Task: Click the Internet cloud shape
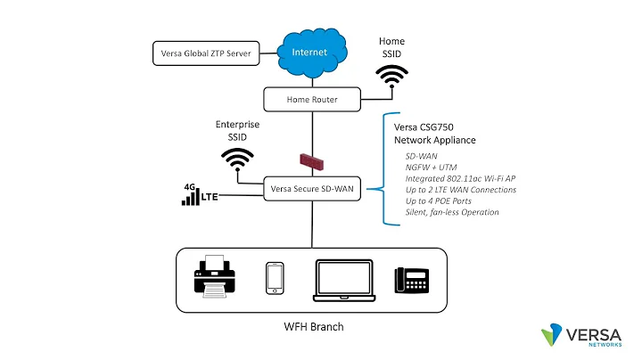tap(311, 53)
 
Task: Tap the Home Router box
tap(310, 99)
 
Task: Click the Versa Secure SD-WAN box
tap(311, 188)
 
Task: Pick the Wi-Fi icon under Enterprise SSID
tap(236, 161)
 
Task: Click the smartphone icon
tap(275, 277)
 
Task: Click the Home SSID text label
tap(391, 48)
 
